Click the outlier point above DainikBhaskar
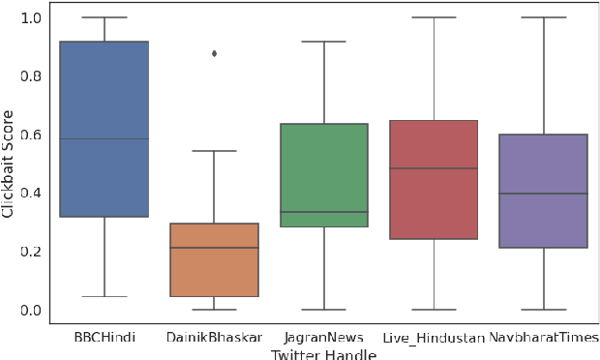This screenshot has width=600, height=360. click(x=214, y=53)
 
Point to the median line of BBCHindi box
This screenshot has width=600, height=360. click(x=104, y=138)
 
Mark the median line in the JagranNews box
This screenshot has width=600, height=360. click(x=323, y=212)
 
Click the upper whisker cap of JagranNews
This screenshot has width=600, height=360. click(x=323, y=42)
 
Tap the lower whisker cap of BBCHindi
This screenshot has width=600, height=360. click(x=104, y=296)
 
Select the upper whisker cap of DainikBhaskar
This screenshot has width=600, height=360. click(x=214, y=151)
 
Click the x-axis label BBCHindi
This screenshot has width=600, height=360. click(x=104, y=337)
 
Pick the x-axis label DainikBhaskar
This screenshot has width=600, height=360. click(x=214, y=337)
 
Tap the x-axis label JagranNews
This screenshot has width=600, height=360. click(x=323, y=337)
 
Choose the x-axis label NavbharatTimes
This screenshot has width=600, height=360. click(x=543, y=337)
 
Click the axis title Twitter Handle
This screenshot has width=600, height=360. click(x=323, y=353)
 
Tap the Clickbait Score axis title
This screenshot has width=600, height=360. click(x=9, y=165)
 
